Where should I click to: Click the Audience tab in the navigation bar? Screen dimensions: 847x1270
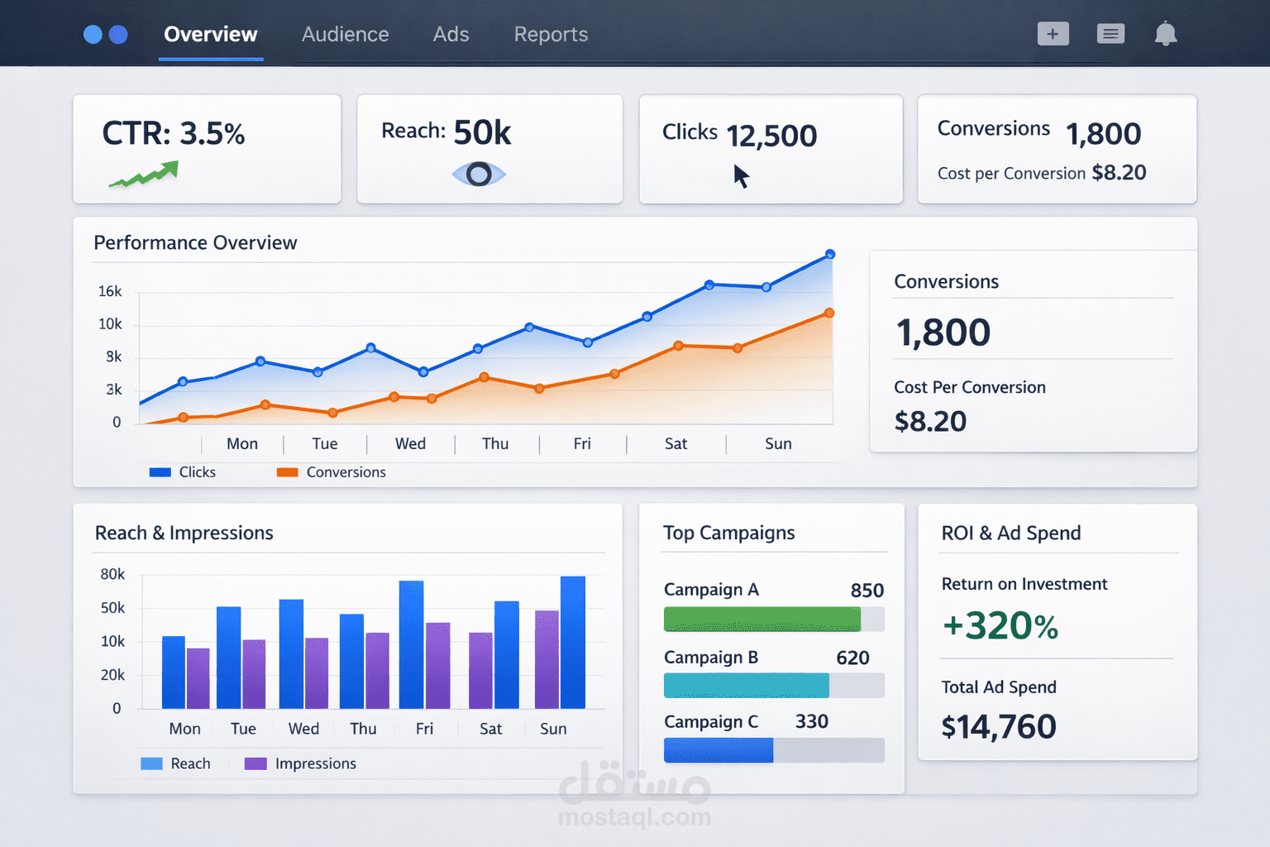(345, 35)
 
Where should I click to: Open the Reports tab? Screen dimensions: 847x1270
(551, 35)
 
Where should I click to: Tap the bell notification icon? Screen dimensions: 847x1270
(1165, 34)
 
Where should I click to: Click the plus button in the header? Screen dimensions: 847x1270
(1053, 34)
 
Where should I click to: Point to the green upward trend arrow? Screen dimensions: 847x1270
(145, 175)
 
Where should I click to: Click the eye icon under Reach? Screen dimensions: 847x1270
(479, 175)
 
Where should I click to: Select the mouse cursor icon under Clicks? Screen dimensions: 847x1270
(741, 176)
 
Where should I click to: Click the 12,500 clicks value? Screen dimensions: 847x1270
(771, 136)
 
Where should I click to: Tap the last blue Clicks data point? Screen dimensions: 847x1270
(830, 255)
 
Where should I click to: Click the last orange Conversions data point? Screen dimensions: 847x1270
(829, 313)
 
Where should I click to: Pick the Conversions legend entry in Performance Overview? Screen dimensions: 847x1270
(332, 472)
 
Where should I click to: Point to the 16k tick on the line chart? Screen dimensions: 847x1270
(110, 291)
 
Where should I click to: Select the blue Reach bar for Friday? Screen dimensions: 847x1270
(411, 644)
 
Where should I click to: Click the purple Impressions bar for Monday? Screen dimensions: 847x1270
(198, 678)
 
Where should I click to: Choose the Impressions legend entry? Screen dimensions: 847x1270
(301, 763)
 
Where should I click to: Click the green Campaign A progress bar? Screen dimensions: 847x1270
(762, 619)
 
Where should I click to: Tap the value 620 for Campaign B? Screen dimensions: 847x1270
(852, 658)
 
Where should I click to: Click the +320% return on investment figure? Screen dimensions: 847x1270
(1000, 626)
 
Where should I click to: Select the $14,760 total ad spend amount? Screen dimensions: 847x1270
(999, 727)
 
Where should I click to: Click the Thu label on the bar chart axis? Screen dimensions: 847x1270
(363, 729)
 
